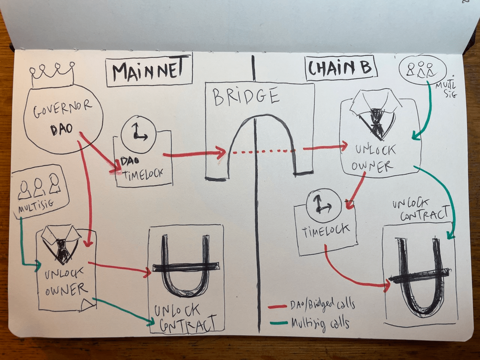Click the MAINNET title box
(x=149, y=71)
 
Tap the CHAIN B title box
(x=340, y=68)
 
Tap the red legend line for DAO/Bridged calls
(x=277, y=307)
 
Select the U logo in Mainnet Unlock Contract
(x=185, y=267)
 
